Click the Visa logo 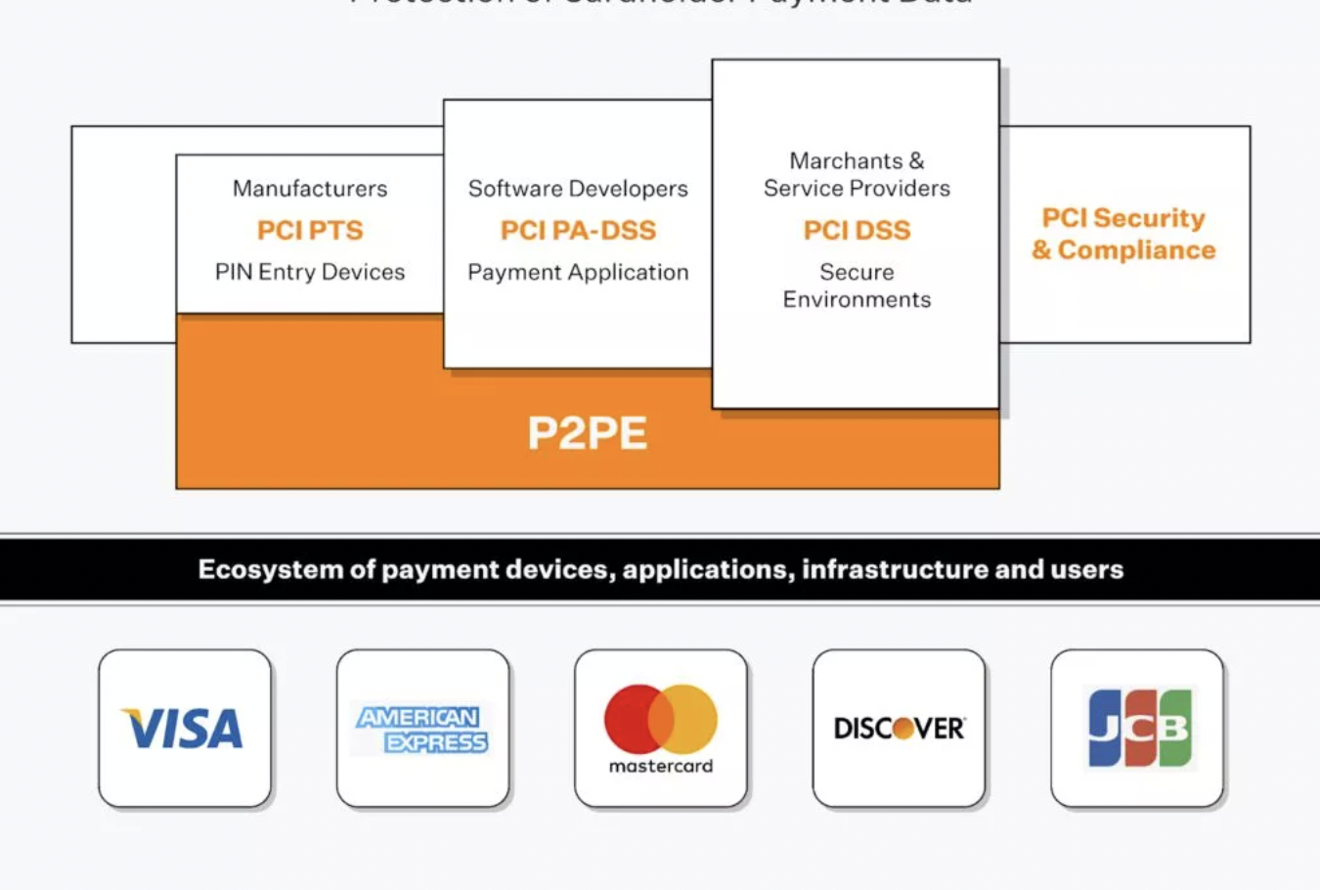click(184, 729)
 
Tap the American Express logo click(422, 730)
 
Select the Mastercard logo click(661, 729)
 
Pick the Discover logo click(899, 729)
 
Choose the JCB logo click(1139, 728)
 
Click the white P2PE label click(587, 433)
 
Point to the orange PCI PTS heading click(310, 231)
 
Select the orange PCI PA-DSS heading click(578, 231)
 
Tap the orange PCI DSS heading click(857, 231)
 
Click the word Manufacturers click(310, 189)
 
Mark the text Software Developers click(578, 189)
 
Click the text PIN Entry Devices click(310, 272)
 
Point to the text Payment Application click(578, 272)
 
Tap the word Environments click(857, 299)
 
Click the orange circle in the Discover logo click(903, 729)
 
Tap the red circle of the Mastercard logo click(632, 719)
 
